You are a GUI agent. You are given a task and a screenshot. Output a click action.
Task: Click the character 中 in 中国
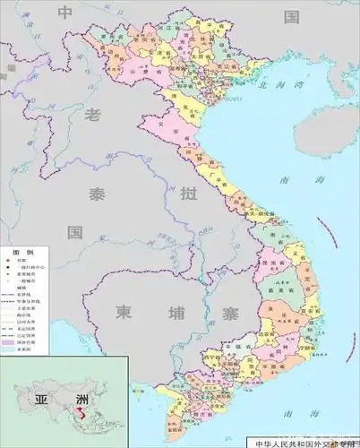coord(65,13)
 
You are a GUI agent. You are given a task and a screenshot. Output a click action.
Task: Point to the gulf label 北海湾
coord(274,87)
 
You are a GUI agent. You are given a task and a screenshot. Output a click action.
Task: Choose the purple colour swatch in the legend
coord(11,341)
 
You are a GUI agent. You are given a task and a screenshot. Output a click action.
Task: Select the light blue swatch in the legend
coord(11,349)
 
